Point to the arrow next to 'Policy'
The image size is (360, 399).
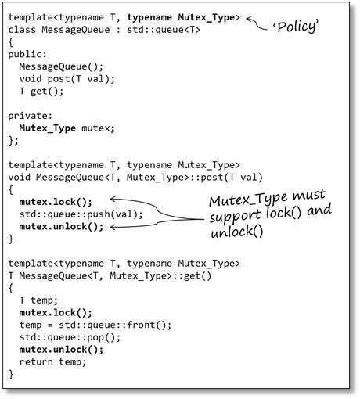point(259,23)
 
